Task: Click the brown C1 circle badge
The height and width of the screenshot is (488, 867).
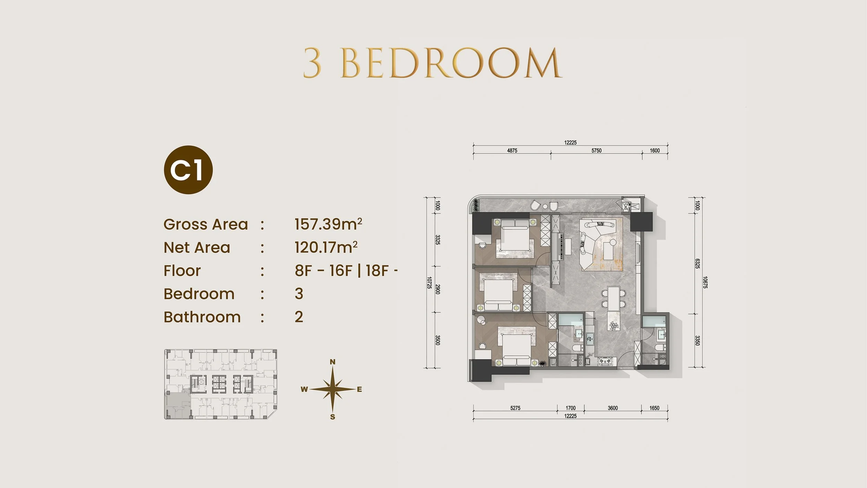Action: [x=188, y=170]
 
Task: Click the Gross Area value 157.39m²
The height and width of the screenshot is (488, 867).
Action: [x=328, y=224]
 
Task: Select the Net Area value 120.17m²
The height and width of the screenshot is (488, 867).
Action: [x=326, y=247]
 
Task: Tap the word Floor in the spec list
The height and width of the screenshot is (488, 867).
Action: [x=182, y=271]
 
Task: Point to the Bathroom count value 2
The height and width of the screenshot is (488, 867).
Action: [x=299, y=317]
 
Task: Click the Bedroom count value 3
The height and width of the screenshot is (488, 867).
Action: [x=299, y=294]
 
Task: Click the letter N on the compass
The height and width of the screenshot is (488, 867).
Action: [x=333, y=362]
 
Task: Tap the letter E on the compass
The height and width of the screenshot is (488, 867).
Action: [x=359, y=389]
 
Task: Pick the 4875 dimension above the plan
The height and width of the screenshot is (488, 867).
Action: [x=512, y=151]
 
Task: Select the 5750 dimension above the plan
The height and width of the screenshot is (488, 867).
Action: [x=596, y=151]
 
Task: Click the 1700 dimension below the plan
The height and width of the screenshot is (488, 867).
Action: [x=570, y=408]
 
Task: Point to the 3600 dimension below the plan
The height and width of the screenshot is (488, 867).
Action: [x=613, y=408]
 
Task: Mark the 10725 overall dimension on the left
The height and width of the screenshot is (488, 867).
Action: [x=430, y=283]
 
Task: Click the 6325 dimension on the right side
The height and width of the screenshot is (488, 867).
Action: [x=697, y=264]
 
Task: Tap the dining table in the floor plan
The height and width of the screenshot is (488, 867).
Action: [x=613, y=298]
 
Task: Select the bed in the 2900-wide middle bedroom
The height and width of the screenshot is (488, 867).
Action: [x=498, y=292]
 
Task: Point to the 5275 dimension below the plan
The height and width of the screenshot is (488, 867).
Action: [x=515, y=408]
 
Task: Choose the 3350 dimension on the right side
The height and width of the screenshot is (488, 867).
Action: [x=697, y=340]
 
